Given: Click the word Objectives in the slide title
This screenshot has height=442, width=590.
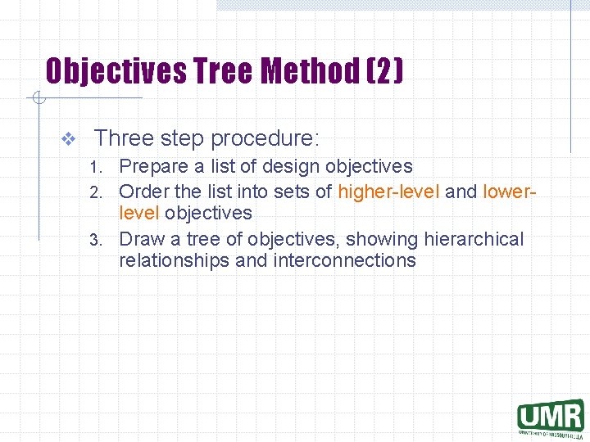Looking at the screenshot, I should [116, 71].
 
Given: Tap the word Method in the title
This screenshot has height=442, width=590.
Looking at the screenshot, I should [310, 71].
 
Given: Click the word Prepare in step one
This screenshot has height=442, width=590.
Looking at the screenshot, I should [152, 167].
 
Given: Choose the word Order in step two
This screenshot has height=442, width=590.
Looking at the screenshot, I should [143, 192].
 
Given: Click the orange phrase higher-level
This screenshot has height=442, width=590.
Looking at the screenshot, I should [388, 192].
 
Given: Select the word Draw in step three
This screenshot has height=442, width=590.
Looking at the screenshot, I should [140, 239].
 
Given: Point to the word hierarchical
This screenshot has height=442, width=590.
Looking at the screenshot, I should [474, 239].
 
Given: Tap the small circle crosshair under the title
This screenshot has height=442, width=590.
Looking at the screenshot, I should [37, 99].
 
